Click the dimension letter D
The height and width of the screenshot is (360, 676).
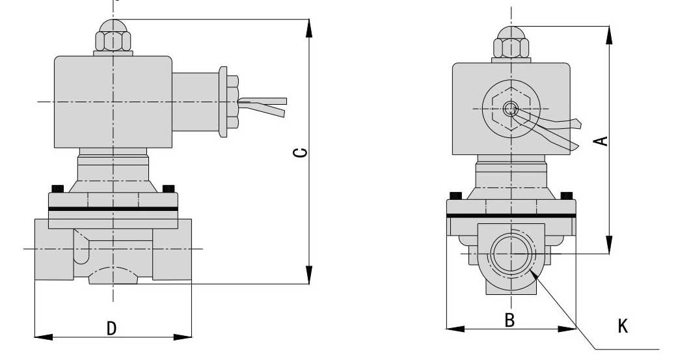(x=112, y=329)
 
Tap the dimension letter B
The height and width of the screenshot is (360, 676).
(x=510, y=320)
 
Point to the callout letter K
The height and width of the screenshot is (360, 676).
(x=623, y=325)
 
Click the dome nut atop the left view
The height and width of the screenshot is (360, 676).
(x=113, y=37)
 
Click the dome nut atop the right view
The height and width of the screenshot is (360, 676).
(x=511, y=43)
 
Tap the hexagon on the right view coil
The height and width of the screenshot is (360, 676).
(x=512, y=109)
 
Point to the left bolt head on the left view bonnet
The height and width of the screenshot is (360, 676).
(x=57, y=189)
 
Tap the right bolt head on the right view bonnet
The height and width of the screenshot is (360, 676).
(x=566, y=195)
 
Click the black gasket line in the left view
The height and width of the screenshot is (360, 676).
(x=113, y=209)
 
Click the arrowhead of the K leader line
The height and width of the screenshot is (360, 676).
(x=534, y=275)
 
